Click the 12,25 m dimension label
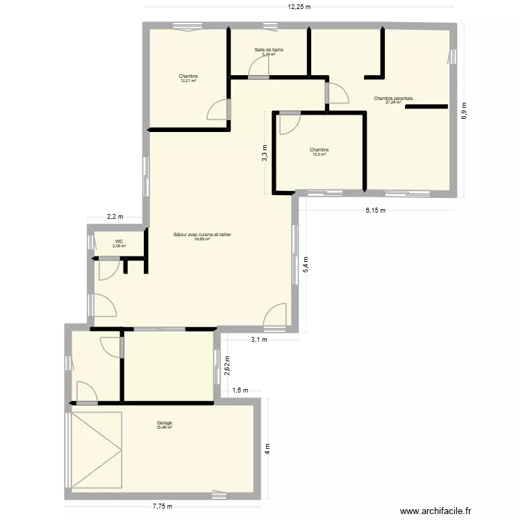(x=300, y=7)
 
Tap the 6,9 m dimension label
(x=465, y=110)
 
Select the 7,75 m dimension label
(x=163, y=506)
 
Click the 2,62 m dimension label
(x=227, y=365)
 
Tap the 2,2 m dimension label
(x=115, y=216)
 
